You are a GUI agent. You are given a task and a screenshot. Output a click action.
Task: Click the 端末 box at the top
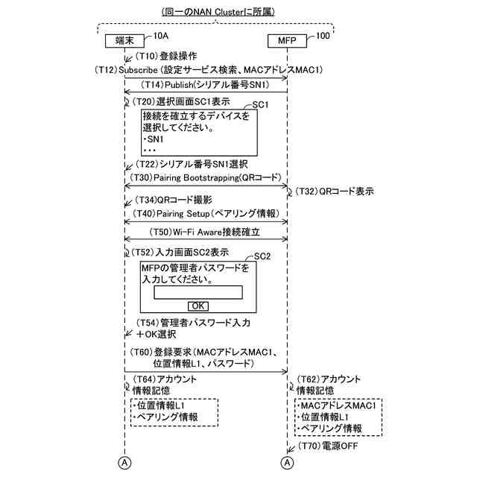[x=124, y=41]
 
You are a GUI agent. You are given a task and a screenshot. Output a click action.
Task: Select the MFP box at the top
[x=286, y=41]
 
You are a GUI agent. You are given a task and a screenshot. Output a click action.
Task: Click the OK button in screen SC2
[x=198, y=306]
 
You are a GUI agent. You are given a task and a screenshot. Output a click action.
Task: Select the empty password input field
[x=198, y=293]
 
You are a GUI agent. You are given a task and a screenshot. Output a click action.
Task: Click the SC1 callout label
[x=260, y=104]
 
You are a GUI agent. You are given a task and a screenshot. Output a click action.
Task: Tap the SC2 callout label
[x=262, y=256]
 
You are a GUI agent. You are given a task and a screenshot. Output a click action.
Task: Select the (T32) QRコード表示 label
[x=335, y=191]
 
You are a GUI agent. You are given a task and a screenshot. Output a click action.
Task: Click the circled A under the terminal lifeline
[x=124, y=463]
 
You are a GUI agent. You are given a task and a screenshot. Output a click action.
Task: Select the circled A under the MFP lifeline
[x=287, y=463]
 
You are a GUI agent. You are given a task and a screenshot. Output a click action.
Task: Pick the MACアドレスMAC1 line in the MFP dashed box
[x=338, y=405]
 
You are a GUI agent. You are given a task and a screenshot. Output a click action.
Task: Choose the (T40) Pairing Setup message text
[x=206, y=213]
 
